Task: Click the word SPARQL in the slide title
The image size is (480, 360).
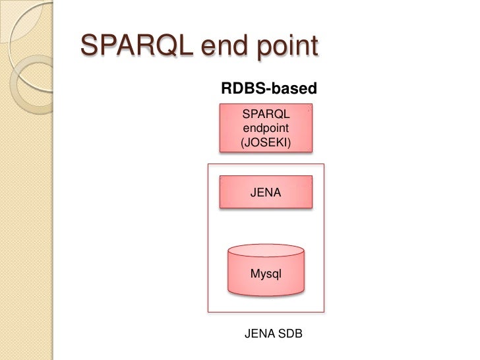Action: [x=137, y=45]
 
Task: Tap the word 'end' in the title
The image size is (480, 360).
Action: [x=224, y=46]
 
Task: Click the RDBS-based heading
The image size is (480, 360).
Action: [x=269, y=88]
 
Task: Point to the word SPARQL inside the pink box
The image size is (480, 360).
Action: [x=266, y=114]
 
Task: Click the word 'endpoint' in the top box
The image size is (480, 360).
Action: [x=266, y=128]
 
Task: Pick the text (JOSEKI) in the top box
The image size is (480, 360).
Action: [x=266, y=142]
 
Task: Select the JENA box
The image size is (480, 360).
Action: [x=266, y=192]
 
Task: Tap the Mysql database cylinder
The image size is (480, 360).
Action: [x=266, y=270]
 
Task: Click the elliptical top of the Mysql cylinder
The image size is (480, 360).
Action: [x=266, y=251]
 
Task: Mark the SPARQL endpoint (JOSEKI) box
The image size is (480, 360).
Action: [x=266, y=128]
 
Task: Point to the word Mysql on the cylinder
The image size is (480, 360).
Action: [x=266, y=274]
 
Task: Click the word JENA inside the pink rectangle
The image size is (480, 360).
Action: [x=266, y=193]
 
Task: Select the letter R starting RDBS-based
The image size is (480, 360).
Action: [x=227, y=88]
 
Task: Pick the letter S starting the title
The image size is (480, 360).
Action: [x=88, y=45]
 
